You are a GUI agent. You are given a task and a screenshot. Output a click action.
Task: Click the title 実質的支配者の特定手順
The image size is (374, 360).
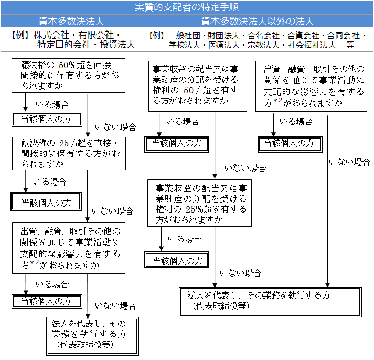tap(187, 7)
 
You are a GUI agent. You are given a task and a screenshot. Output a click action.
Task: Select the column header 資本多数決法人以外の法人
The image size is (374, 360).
tap(258, 22)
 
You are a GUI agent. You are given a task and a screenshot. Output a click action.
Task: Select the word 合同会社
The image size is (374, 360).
tap(344, 36)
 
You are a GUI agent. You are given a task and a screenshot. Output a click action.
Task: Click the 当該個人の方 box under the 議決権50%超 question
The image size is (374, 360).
tap(47, 119)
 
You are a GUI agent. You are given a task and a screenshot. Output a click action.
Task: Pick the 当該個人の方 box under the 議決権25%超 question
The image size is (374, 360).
tap(47, 202)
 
